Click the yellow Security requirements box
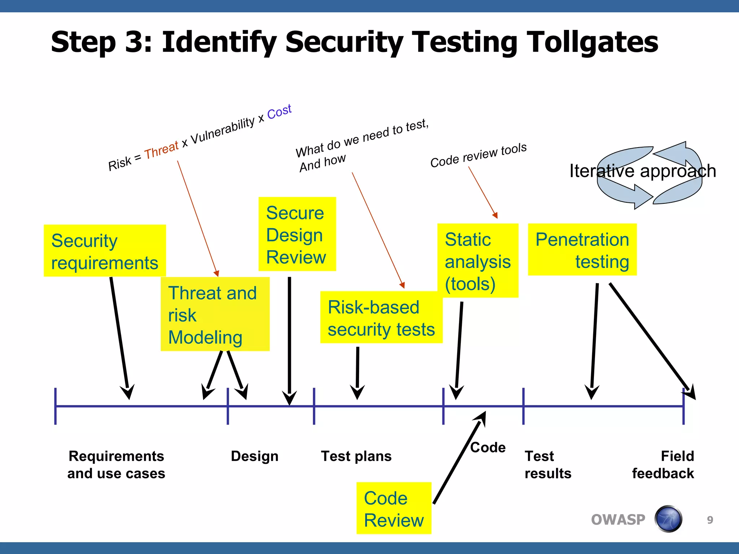click(105, 251)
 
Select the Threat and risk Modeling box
click(215, 314)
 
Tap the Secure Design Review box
click(297, 234)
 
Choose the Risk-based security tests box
click(381, 318)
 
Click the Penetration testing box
click(582, 250)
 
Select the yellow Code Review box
click(394, 509)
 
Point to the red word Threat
click(161, 150)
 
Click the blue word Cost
click(279, 112)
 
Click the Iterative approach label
click(643, 171)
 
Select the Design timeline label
click(254, 456)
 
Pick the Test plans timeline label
click(356, 456)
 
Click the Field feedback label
click(663, 465)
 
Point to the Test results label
click(548, 465)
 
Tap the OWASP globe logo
click(668, 519)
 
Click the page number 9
click(710, 520)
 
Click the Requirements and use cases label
click(116, 465)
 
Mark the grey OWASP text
click(618, 520)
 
